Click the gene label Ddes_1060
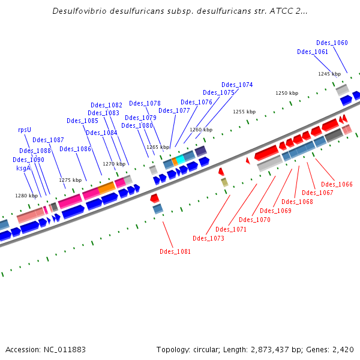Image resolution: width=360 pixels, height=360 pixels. pyautogui.click(x=332, y=43)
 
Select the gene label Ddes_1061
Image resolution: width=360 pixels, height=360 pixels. pyautogui.click(x=313, y=52)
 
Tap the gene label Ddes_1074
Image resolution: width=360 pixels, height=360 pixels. pyautogui.click(x=237, y=85)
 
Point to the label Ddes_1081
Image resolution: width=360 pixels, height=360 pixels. pyautogui.click(x=175, y=251)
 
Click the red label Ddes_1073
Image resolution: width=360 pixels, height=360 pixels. pyautogui.click(x=208, y=238)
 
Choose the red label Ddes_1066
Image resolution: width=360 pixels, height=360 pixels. pyautogui.click(x=337, y=184)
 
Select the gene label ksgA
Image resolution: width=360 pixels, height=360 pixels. pyautogui.click(x=23, y=168)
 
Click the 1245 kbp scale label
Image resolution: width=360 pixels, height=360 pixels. pyautogui.click(x=329, y=74)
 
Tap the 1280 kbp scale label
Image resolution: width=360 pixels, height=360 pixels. pyautogui.click(x=26, y=196)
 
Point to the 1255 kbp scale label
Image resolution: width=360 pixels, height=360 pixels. pyautogui.click(x=244, y=112)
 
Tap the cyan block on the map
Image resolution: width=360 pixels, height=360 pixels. pyautogui.click(x=181, y=159)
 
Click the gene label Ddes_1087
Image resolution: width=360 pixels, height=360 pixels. pyautogui.click(x=48, y=140)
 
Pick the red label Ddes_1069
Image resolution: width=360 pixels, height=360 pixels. pyautogui.click(x=276, y=210)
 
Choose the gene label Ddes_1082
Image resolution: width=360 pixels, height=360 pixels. pyautogui.click(x=106, y=105)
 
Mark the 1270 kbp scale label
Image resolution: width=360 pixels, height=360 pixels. pyautogui.click(x=114, y=164)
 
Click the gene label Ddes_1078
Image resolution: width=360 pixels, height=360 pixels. pyautogui.click(x=145, y=103)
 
